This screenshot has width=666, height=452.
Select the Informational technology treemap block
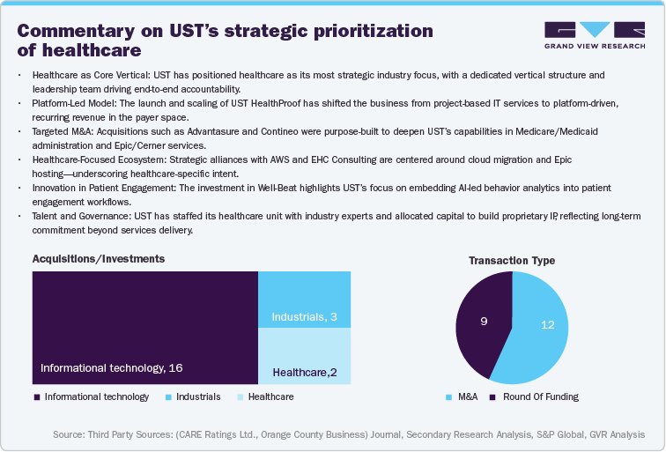144,327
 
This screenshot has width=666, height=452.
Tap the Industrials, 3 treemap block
304,300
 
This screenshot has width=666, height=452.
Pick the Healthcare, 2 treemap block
304,356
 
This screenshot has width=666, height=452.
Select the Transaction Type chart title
511,261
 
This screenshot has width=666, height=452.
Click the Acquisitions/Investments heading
98,259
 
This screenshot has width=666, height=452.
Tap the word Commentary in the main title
76,31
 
